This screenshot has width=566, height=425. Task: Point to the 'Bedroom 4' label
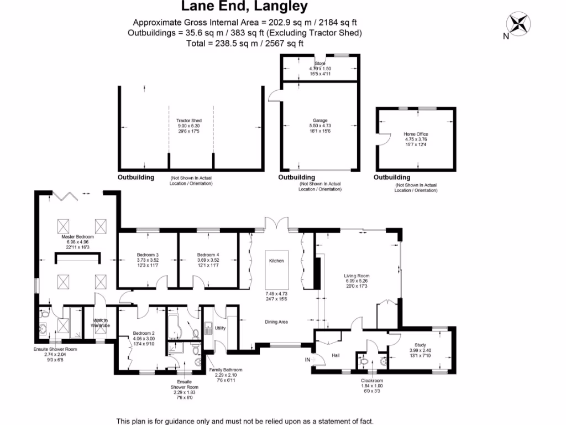point(208,255)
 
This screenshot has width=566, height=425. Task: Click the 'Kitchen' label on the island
point(276,260)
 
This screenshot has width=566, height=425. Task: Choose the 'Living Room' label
point(357,276)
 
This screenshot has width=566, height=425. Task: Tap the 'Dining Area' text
point(276,322)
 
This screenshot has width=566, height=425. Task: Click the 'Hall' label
point(335,355)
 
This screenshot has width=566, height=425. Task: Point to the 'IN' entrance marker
point(307,360)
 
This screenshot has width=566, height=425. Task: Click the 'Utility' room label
point(221,328)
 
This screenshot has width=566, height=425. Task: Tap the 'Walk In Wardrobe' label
point(101,323)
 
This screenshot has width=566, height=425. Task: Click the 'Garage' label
point(320,121)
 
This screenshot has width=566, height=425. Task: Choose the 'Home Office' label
point(416,134)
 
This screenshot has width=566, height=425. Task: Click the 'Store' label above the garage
point(320,64)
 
